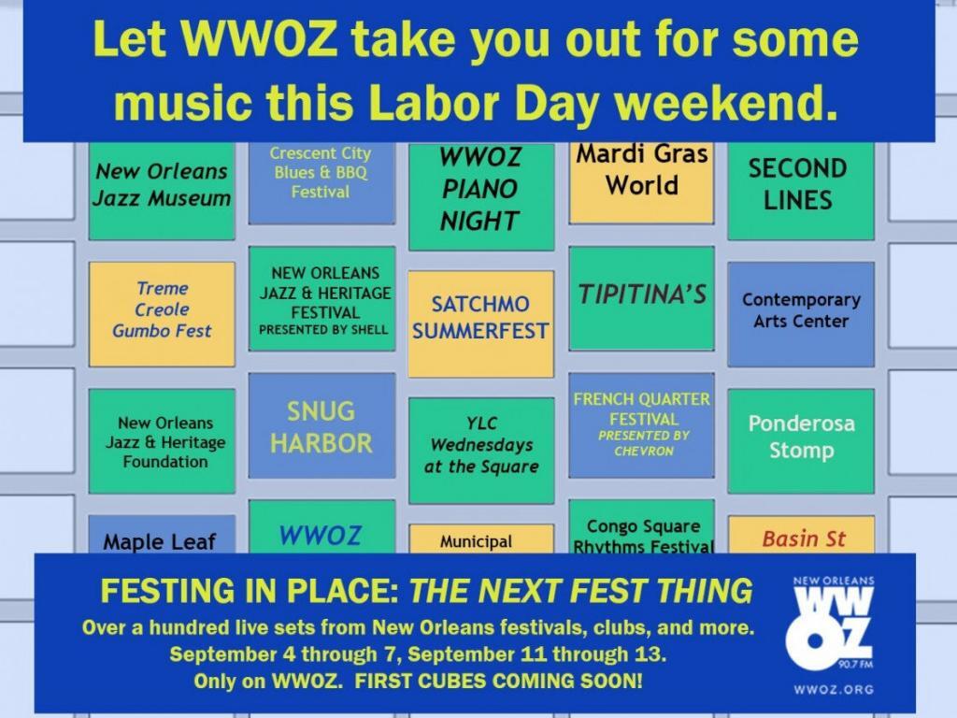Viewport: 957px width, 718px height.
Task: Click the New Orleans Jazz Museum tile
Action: click(x=162, y=191)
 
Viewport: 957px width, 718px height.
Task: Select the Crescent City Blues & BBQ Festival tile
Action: click(x=321, y=183)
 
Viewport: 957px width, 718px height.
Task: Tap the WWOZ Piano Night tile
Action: click(x=481, y=196)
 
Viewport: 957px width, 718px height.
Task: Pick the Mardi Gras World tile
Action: click(x=641, y=182)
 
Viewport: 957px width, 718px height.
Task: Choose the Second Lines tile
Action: click(x=801, y=191)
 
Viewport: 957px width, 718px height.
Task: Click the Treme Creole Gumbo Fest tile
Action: click(x=162, y=314)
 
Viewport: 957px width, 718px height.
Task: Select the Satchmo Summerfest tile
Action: click(x=481, y=324)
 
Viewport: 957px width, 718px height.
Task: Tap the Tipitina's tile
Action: click(x=641, y=298)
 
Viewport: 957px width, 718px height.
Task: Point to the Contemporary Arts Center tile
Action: click(x=801, y=314)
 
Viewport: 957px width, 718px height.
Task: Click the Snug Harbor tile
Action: click(x=321, y=425)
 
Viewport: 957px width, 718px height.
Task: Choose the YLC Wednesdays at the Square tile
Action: click(x=481, y=451)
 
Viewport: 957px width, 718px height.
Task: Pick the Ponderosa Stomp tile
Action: click(x=801, y=441)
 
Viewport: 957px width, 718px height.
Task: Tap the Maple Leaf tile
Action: click(x=162, y=535)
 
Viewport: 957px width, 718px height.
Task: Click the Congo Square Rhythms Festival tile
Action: click(x=641, y=527)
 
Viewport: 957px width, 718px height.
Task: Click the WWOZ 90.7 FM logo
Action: click(x=833, y=623)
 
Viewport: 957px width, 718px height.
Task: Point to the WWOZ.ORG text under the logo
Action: click(x=834, y=689)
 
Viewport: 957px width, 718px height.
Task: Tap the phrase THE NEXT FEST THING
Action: click(x=580, y=591)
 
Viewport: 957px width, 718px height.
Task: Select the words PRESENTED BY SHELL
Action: click(x=322, y=330)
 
